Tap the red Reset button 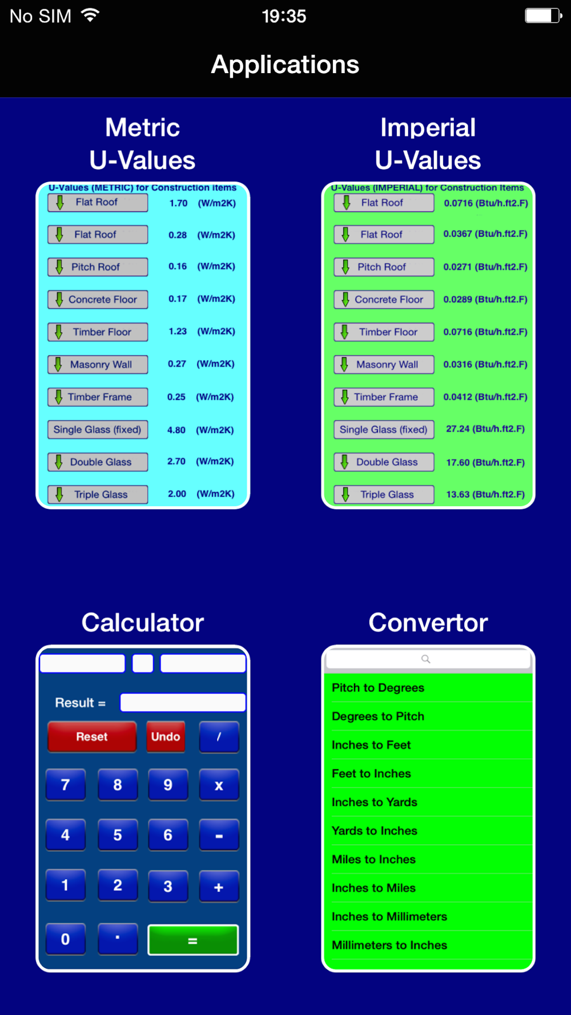pos(92,736)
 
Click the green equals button pos(193,940)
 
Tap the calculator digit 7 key pos(66,785)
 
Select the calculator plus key pos(219,887)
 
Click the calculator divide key pos(219,736)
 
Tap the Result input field pos(183,703)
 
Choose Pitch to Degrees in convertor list pos(378,688)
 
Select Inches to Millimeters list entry pos(389,917)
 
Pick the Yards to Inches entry pos(375,831)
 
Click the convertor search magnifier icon pos(426,659)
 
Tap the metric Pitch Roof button pos(98,267)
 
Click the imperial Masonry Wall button pos(384,364)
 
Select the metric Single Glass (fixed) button pos(98,429)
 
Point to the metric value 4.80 pos(176,430)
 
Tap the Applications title pos(285,65)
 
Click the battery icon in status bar pos(544,15)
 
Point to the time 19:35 pos(284,16)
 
